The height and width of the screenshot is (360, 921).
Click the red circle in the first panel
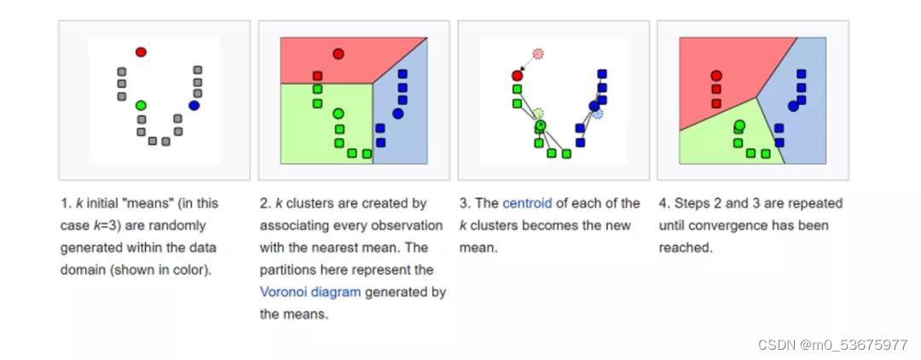click(x=141, y=52)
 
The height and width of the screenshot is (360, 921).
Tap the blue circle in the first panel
click(x=194, y=105)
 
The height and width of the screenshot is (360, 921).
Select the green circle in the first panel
click(x=141, y=105)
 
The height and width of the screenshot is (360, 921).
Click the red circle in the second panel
click(x=339, y=54)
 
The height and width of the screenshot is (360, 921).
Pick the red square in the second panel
click(x=317, y=76)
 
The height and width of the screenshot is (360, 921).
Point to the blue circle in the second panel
click(x=397, y=113)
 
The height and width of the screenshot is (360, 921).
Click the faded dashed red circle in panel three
click(x=538, y=54)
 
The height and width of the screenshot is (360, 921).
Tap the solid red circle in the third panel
click(x=517, y=75)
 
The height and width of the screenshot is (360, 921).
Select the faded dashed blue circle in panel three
click(x=597, y=113)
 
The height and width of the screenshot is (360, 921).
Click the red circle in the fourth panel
click(x=715, y=75)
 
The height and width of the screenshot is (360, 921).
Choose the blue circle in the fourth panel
click(x=793, y=106)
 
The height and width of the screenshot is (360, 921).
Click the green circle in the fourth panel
click(x=739, y=125)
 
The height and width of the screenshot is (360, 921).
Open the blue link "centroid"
click(x=527, y=203)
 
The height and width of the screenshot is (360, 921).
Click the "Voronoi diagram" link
click(x=310, y=292)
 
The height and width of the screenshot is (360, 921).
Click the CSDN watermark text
click(x=832, y=345)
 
